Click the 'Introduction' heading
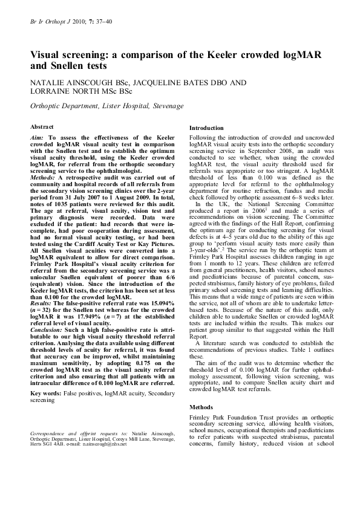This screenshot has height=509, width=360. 206,128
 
